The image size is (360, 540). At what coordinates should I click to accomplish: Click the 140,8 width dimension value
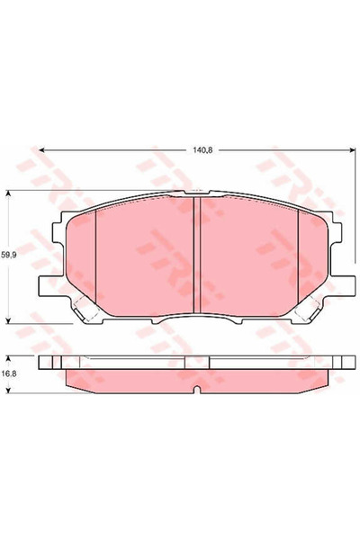[x=201, y=139]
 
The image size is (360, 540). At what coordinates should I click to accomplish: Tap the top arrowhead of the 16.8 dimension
[x=8, y=354]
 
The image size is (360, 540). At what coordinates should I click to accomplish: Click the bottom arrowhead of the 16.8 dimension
[x=8, y=389]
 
